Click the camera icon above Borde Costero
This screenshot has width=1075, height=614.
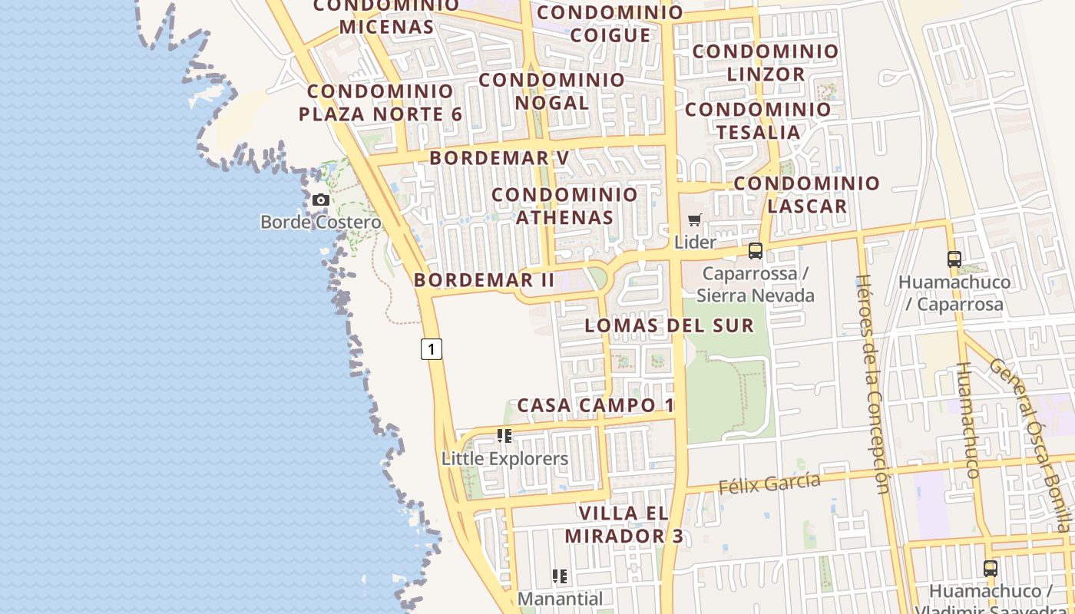pyautogui.click(x=321, y=200)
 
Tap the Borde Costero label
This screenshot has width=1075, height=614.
pyautogui.click(x=320, y=223)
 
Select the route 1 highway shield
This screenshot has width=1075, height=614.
pyautogui.click(x=432, y=348)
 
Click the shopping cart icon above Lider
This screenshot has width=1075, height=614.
pyautogui.click(x=695, y=220)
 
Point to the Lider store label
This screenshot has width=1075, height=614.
pyautogui.click(x=695, y=242)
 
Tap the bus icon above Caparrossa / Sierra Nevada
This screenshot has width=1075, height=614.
pyautogui.click(x=756, y=251)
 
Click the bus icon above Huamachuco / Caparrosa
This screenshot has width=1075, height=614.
pyautogui.click(x=954, y=259)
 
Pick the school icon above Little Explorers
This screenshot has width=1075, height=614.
pyautogui.click(x=504, y=436)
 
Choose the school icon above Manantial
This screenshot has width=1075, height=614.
pyautogui.click(x=560, y=576)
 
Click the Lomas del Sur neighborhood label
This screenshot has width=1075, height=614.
pyautogui.click(x=670, y=325)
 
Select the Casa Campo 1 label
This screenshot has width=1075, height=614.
pyautogui.click(x=596, y=405)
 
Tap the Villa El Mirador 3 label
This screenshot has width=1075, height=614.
pyautogui.click(x=624, y=524)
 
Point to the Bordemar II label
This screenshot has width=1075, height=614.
pyautogui.click(x=485, y=280)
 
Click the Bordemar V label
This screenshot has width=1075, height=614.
pyautogui.click(x=499, y=158)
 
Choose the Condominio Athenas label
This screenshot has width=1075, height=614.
pyautogui.click(x=564, y=206)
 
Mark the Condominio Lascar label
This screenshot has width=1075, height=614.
pyautogui.click(x=807, y=194)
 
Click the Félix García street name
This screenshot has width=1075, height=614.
pyautogui.click(x=769, y=484)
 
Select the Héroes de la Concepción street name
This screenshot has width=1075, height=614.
pyautogui.click(x=873, y=384)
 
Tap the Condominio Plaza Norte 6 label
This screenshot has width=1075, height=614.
pyautogui.click(x=380, y=102)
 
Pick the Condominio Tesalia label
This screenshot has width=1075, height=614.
pyautogui.click(x=759, y=120)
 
